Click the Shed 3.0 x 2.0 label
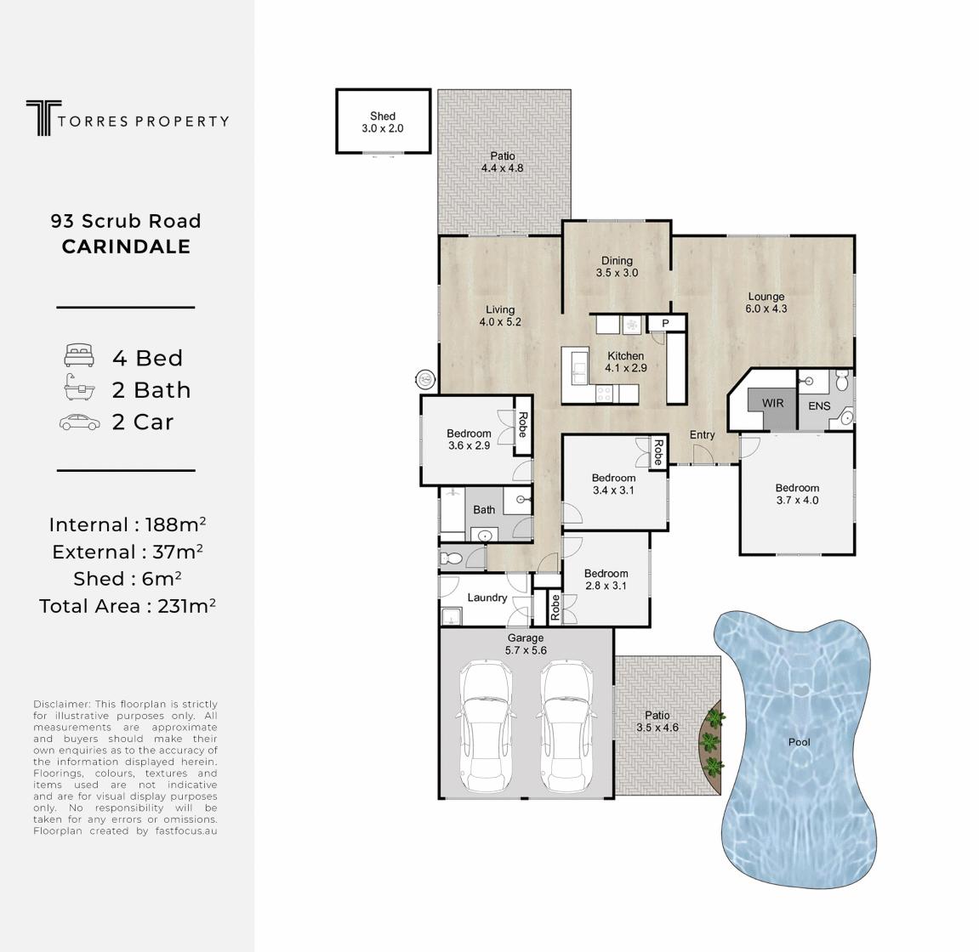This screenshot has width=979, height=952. click(x=383, y=122)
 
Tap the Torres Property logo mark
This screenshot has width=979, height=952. click(x=43, y=118)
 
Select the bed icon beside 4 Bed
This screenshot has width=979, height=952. click(x=79, y=355)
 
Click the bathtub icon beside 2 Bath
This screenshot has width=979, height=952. click(x=79, y=388)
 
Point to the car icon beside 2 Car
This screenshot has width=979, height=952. click(x=79, y=422)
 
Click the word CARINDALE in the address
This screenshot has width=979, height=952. click(x=126, y=246)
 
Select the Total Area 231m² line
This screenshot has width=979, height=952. click(x=128, y=606)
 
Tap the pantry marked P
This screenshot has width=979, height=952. click(x=666, y=323)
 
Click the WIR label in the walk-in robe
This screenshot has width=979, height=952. click(x=772, y=403)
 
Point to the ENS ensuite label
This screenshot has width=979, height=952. click(x=819, y=406)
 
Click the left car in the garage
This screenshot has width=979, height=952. click(x=487, y=727)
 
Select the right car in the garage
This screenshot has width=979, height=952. click(x=565, y=727)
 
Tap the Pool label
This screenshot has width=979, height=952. click(x=800, y=742)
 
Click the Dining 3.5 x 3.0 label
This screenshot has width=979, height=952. click(x=617, y=266)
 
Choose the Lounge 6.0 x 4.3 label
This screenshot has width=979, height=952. click(x=766, y=303)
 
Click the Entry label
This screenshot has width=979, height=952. click(x=702, y=435)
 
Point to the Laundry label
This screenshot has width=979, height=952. click(x=487, y=598)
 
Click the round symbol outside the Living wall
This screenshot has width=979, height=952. click(x=426, y=379)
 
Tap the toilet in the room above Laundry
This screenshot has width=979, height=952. click(x=450, y=558)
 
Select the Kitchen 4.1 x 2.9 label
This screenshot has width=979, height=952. click(x=626, y=362)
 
